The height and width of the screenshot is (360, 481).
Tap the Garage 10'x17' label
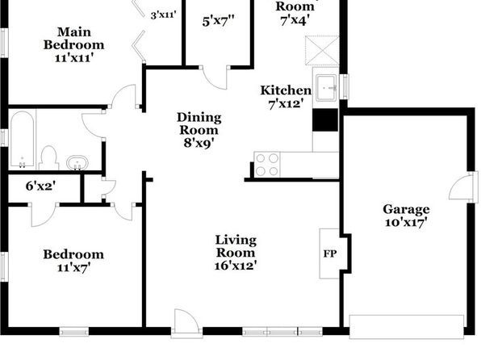tap(406, 216)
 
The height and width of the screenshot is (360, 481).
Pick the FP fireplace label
tap(330, 253)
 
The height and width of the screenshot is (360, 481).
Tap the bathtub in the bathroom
tap(22, 140)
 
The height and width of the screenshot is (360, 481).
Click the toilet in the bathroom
tap(48, 157)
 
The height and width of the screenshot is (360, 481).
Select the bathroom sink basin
tap(77, 163)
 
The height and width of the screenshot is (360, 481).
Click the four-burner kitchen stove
tap(267, 165)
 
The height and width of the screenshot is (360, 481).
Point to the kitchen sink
tap(326, 88)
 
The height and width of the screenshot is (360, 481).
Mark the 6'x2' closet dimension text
tap(40, 186)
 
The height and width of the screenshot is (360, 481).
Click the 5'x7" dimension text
tap(218, 22)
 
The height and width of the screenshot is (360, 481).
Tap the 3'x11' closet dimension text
tap(164, 15)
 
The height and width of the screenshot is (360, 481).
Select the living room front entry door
tap(186, 321)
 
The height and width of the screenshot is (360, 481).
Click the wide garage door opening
tap(407, 327)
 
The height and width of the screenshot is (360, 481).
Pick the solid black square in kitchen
tap(325, 120)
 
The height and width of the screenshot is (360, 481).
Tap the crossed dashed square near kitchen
tap(322, 51)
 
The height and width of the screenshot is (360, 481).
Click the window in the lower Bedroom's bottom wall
tap(74, 332)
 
